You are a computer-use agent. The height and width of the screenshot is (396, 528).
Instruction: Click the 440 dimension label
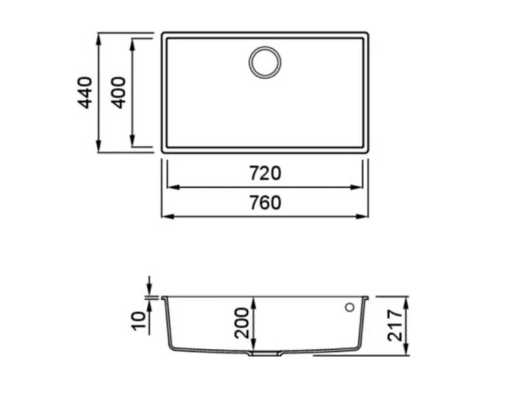85,93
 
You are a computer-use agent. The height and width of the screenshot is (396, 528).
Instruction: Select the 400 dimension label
119,93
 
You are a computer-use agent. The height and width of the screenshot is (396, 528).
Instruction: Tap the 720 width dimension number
265,174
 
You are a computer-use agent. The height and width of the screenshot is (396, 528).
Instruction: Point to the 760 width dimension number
265,203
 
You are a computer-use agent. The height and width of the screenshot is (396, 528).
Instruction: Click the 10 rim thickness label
139,321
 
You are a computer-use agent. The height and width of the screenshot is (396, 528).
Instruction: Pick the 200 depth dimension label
242,323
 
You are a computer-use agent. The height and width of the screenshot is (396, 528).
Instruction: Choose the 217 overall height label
395,325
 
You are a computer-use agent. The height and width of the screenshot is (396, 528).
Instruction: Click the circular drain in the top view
265,63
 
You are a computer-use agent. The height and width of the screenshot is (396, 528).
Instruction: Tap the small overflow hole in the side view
350,307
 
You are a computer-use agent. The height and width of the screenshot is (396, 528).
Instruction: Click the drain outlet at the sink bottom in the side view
265,353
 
